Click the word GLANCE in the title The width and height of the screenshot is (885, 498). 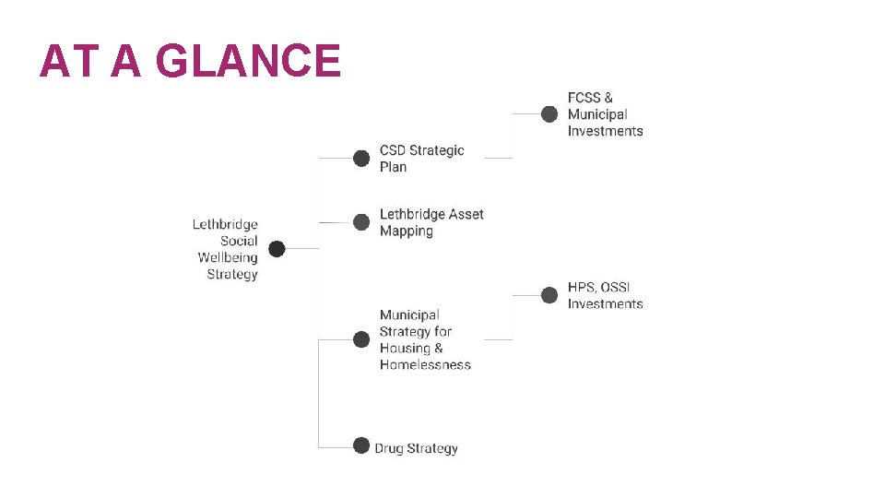[x=249, y=61]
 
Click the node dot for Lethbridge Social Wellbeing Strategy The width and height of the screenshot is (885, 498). [x=277, y=248]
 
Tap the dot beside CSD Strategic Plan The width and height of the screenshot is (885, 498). [x=361, y=158]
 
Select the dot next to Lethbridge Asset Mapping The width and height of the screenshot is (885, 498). [x=361, y=222]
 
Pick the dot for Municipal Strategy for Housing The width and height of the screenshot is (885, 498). [x=361, y=339]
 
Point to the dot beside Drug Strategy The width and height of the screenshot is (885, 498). [x=361, y=445]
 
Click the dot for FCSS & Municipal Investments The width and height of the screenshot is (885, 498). [x=549, y=113]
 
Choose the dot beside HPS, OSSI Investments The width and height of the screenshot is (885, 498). [x=549, y=295]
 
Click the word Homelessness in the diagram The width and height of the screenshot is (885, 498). [x=425, y=365]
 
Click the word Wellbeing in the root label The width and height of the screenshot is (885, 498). [x=228, y=257]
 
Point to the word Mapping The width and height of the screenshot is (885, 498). [x=407, y=231]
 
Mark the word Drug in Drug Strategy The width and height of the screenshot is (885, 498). [x=390, y=448]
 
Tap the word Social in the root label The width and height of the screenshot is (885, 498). [x=239, y=241]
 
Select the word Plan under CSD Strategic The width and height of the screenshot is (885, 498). [x=393, y=167]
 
